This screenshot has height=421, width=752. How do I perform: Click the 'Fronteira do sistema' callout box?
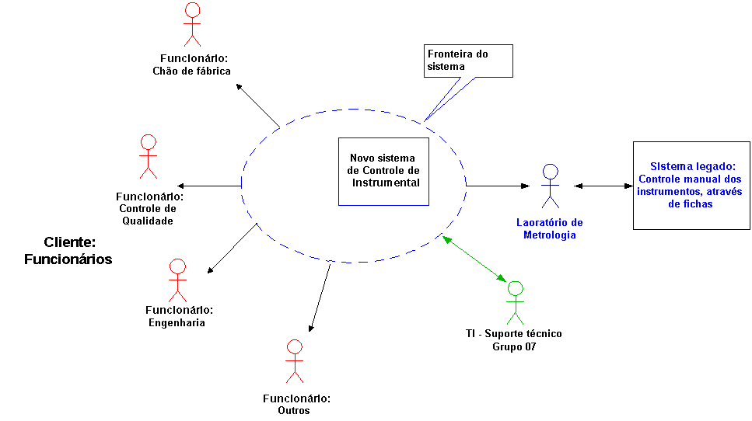(x=469, y=61)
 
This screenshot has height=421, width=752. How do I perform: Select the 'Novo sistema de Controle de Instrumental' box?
(x=383, y=172)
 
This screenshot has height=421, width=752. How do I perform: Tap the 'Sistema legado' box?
(x=691, y=185)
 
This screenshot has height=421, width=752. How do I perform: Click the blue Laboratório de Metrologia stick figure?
(x=551, y=186)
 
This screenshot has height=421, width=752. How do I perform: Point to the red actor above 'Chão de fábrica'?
(x=191, y=25)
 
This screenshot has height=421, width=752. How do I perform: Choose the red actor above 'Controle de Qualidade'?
(x=148, y=156)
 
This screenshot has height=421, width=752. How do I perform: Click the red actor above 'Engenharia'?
(x=178, y=280)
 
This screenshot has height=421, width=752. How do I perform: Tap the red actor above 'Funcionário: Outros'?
(x=294, y=360)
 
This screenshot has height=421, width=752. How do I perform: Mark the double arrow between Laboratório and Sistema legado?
(x=603, y=186)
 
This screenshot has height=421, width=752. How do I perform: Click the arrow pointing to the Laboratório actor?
(x=498, y=186)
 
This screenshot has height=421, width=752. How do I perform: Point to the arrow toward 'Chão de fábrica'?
(x=257, y=105)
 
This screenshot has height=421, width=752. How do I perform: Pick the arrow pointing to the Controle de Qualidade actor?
(x=209, y=186)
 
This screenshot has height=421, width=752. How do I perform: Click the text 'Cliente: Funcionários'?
(x=68, y=250)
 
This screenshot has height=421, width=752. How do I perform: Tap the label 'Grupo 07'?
(x=514, y=346)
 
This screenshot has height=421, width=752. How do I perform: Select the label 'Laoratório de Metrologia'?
(x=550, y=228)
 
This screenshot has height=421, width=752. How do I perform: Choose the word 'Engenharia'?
(x=177, y=322)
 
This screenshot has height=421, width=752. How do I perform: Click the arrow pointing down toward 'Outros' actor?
(x=320, y=298)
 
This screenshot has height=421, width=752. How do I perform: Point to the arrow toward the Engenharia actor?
(x=232, y=249)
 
